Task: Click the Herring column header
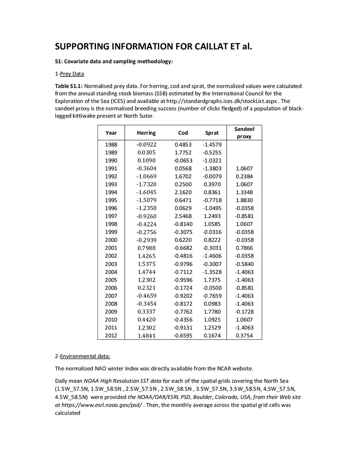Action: pyautogui.click(x=146, y=133)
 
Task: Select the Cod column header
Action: pyautogui.click(x=183, y=133)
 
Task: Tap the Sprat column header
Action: pyautogui.click(x=212, y=133)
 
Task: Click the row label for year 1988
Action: pyautogui.click(x=111, y=144)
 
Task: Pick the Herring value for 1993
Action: pyautogui.click(x=146, y=184)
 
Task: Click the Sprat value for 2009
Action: pyautogui.click(x=212, y=312)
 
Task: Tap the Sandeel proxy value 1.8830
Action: pyautogui.click(x=244, y=200)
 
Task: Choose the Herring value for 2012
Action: pyautogui.click(x=146, y=336)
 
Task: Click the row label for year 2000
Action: pyautogui.click(x=111, y=240)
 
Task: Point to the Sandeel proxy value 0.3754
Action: pyautogui.click(x=244, y=336)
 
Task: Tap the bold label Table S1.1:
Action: pyautogui.click(x=69, y=86)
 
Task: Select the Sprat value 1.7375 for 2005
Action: pyautogui.click(x=212, y=280)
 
